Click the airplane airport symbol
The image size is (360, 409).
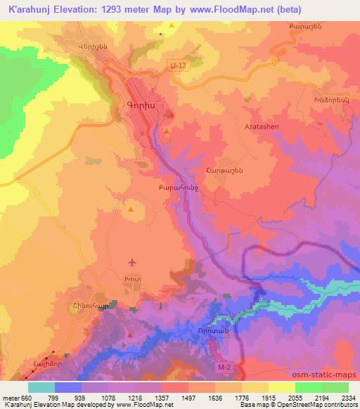pyautogui.click(x=131, y=263)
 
